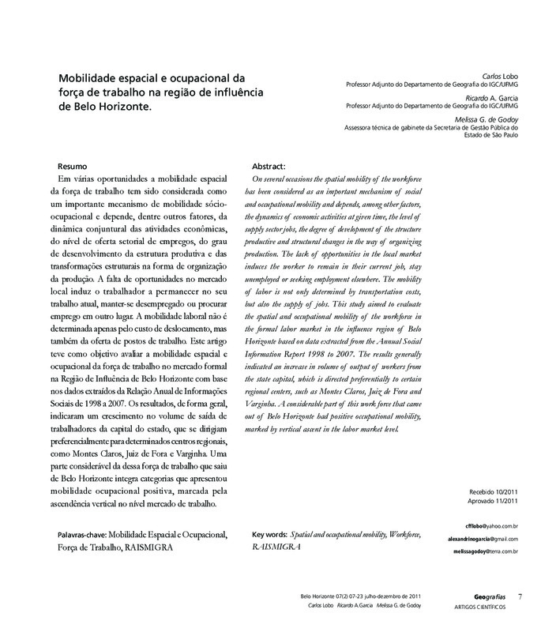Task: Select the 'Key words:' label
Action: (268, 535)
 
